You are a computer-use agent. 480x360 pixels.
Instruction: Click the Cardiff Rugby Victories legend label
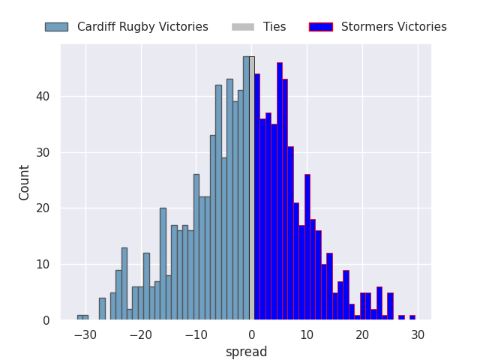[142, 27]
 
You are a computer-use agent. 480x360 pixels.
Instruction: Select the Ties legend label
[274, 27]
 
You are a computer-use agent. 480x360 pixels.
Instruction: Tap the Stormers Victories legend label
[394, 27]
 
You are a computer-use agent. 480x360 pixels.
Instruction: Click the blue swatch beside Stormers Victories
[320, 27]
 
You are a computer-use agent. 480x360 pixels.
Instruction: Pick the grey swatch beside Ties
[243, 27]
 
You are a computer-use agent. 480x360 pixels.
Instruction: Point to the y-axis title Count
[25, 182]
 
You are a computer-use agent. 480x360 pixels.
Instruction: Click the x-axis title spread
[246, 352]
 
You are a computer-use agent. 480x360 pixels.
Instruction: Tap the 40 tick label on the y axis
[44, 97]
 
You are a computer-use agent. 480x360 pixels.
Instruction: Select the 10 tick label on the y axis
[44, 265]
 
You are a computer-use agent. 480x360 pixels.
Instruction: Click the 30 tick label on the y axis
[44, 153]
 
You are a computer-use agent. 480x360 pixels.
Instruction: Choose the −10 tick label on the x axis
[196, 334]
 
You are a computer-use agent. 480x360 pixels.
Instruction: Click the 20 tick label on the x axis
[362, 334]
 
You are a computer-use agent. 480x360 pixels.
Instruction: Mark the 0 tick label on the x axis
[251, 334]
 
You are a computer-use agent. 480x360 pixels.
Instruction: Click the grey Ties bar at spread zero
[252, 187]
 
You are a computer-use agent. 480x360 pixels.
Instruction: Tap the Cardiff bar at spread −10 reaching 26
[196, 247]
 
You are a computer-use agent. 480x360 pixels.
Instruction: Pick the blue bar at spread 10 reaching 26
[307, 247]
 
